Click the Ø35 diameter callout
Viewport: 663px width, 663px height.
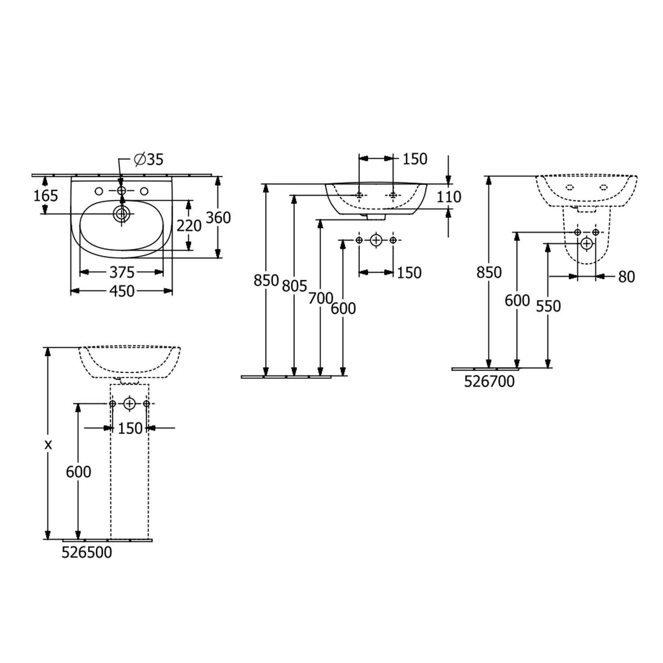149,159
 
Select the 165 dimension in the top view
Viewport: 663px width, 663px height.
46,195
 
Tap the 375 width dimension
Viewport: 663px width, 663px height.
122,272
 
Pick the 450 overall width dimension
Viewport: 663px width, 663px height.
122,291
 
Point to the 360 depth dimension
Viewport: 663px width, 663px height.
218,217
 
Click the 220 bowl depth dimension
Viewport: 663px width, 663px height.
189,226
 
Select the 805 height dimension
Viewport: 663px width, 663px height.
294,286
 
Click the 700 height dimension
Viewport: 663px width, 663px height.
320,299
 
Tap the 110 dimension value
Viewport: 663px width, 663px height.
449,197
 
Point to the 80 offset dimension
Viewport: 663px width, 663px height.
626,277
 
